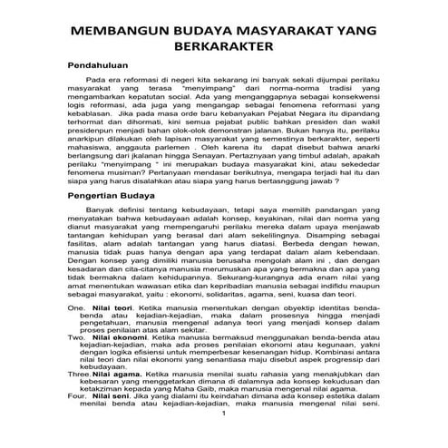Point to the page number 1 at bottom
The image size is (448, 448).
[223, 440]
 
